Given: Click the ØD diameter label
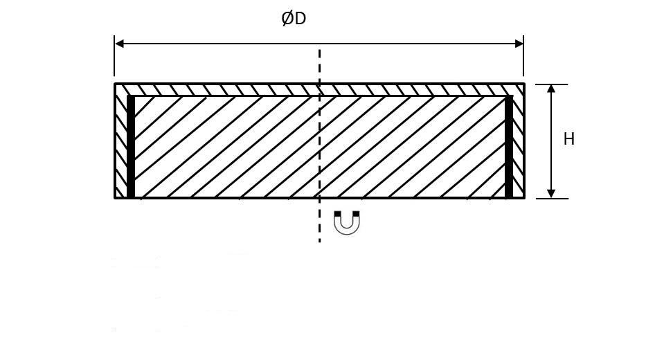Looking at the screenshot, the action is (294, 19).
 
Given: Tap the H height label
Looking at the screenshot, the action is (569, 139).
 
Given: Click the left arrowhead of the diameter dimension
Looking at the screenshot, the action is (120, 44).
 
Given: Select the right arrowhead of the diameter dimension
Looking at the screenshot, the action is (519, 44).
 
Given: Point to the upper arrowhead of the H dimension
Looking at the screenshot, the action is (551, 89).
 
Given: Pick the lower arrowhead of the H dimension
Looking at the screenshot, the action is (551, 194).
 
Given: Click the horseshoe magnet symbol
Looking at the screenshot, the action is (346, 223).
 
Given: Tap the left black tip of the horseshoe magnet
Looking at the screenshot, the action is (337, 213).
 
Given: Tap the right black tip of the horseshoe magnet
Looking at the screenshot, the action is (356, 213).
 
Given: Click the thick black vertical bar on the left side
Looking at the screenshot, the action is (131, 147).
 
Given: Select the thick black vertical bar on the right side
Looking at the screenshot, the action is (509, 147).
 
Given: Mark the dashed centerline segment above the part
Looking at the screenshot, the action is (319, 66).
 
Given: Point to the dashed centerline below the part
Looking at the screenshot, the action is (319, 221).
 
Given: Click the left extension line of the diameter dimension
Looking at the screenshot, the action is (114, 55).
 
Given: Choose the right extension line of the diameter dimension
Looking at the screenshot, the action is (523, 55).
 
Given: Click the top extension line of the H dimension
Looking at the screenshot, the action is (552, 84).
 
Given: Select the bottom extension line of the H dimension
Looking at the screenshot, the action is (552, 199).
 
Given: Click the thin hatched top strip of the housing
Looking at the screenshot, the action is (319, 90).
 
